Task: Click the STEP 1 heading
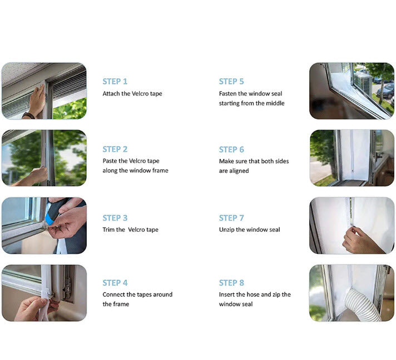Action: (x=115, y=82)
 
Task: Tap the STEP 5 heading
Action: (x=231, y=82)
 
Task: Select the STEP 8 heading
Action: (x=231, y=283)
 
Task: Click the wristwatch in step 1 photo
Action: (x=28, y=116)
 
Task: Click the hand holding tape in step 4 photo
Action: (x=35, y=308)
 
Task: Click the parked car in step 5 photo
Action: (x=387, y=90)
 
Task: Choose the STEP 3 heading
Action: (x=115, y=218)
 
